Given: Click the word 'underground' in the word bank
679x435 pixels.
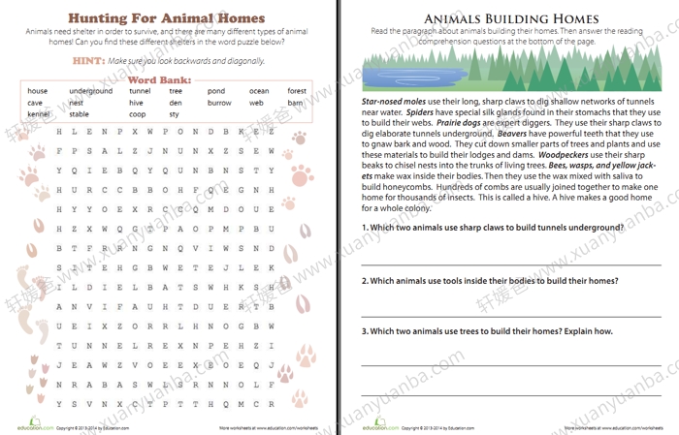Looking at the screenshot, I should (90, 91).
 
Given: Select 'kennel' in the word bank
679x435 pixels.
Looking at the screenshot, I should (39, 113).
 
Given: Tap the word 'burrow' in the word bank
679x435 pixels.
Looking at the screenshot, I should (219, 103).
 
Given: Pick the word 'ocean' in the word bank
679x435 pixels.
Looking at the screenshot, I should (259, 91).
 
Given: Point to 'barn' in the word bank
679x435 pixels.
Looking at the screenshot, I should (296, 103).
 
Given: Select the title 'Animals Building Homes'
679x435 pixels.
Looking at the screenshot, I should (508, 18).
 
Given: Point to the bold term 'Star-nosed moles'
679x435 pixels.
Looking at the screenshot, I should (391, 101).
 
